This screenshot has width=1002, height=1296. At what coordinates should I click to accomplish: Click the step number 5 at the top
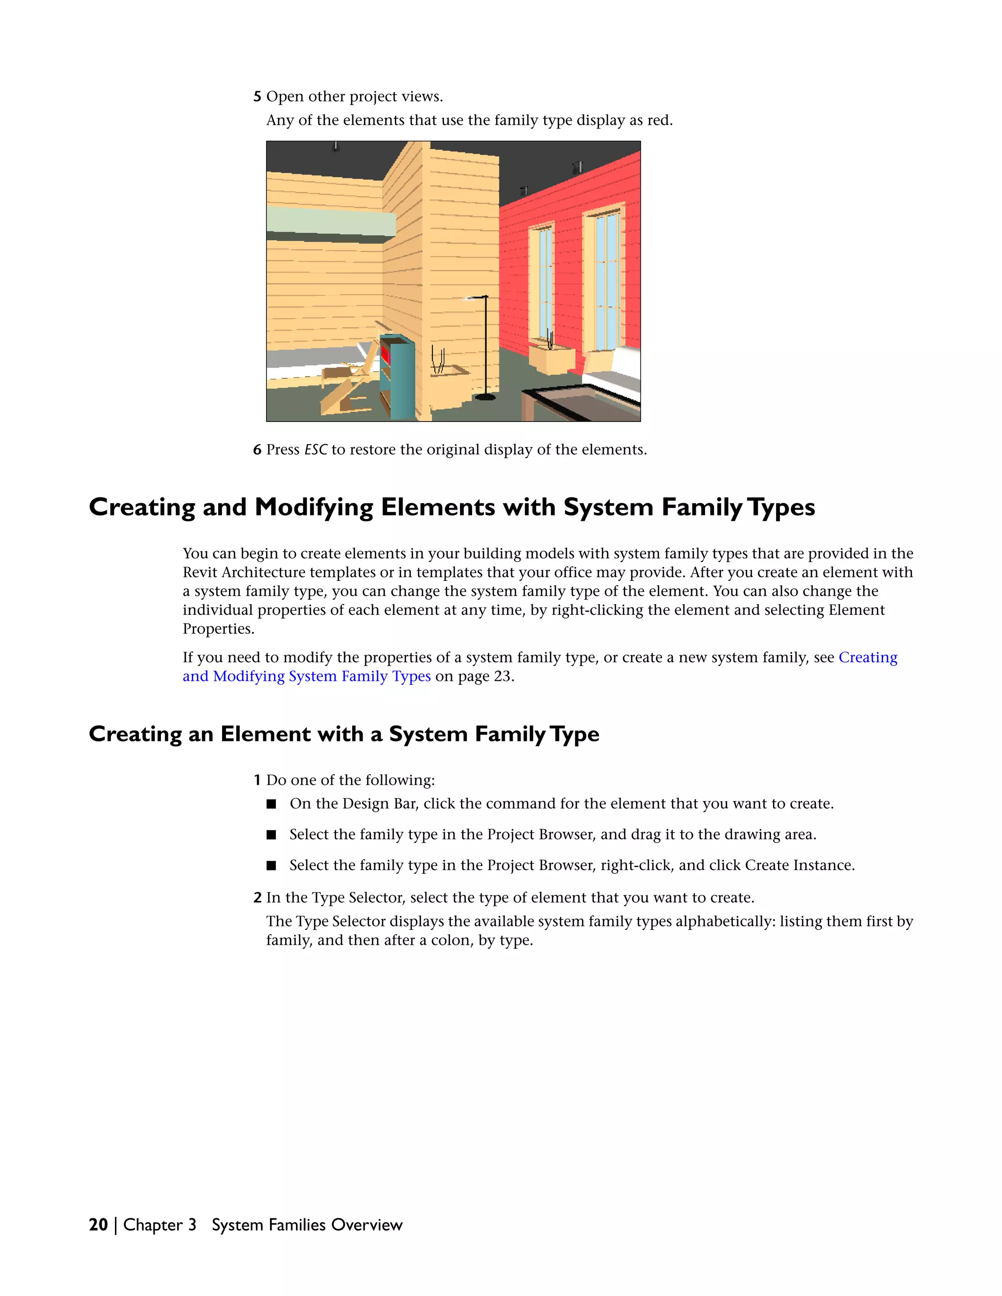point(257,97)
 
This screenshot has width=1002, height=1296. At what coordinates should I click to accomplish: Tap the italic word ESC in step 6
point(315,450)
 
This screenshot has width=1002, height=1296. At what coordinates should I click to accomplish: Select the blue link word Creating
point(867,657)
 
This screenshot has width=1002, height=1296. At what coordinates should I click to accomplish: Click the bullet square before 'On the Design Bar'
point(271,804)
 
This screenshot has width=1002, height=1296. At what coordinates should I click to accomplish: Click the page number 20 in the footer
point(98,1225)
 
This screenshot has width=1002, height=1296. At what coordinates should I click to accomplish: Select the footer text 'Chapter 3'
point(159,1225)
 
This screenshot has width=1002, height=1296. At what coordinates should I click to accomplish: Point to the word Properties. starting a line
point(218,629)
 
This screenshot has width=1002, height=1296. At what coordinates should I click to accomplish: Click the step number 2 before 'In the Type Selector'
point(257,898)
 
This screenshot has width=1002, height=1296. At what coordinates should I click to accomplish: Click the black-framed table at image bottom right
point(579,403)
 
